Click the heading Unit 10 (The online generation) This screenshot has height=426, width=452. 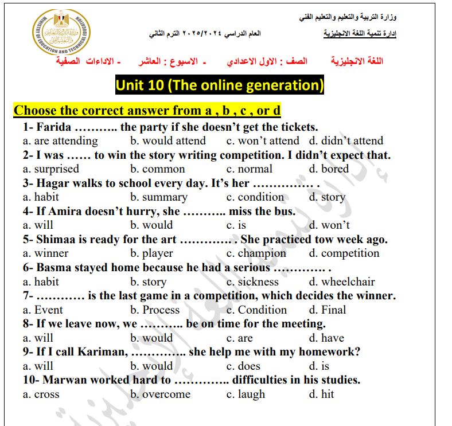(220, 85)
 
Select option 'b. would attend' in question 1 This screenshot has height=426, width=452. (167, 141)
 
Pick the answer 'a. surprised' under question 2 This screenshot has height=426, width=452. (51, 169)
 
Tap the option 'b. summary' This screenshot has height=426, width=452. (158, 197)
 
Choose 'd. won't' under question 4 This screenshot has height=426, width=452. (329, 225)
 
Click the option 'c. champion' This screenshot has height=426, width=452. (256, 253)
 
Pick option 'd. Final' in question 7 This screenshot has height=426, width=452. (328, 310)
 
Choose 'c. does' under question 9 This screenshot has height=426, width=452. (243, 366)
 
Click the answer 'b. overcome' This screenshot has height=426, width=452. (160, 394)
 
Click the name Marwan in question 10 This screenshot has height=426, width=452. (63, 380)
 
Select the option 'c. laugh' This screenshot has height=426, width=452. (246, 394)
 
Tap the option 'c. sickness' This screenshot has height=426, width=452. (252, 282)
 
